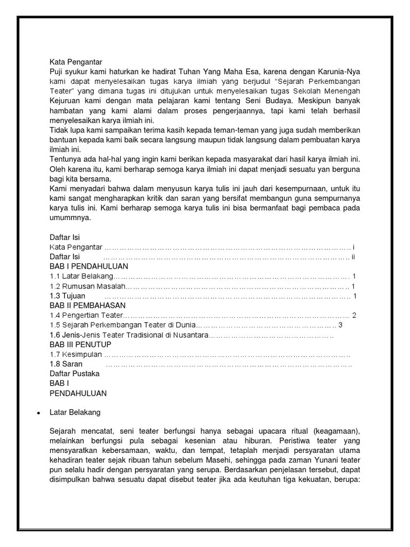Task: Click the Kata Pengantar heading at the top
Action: click(76, 62)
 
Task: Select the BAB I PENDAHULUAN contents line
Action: click(89, 265)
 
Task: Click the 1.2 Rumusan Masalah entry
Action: click(87, 286)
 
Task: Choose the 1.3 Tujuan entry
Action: click(67, 295)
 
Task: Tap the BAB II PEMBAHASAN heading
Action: click(88, 305)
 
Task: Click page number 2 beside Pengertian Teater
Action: click(353, 315)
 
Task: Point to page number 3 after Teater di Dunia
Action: click(340, 325)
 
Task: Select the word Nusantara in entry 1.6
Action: click(188, 335)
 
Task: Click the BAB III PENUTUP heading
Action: click(81, 345)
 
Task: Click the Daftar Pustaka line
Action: click(74, 374)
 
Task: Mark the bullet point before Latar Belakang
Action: click(38, 413)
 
